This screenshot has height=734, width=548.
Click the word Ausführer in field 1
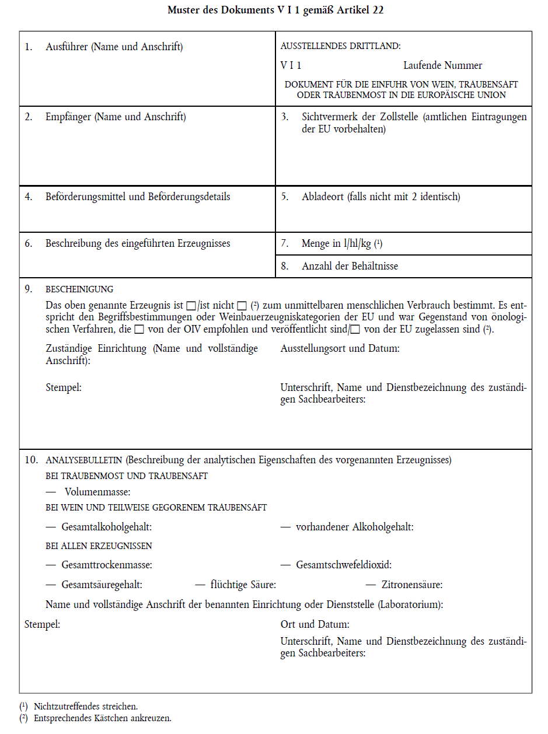coord(67,47)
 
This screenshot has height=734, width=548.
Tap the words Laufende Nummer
coord(442,65)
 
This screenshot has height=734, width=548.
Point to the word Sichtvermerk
coord(330,117)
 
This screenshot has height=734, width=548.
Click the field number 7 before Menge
coord(285,243)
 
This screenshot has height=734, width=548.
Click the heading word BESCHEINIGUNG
coord(79,289)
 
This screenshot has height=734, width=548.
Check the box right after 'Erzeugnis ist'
coord(191,306)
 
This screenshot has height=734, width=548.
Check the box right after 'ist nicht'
coord(242,306)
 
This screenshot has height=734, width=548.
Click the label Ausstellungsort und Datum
coord(340,349)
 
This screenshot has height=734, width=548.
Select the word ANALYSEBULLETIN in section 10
coord(85,460)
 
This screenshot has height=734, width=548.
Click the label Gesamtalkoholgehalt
coord(106,527)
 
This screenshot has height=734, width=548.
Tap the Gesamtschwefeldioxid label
coord(343,565)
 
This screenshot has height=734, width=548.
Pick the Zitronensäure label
coord(411,585)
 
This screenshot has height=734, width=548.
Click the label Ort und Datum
coord(315,624)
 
